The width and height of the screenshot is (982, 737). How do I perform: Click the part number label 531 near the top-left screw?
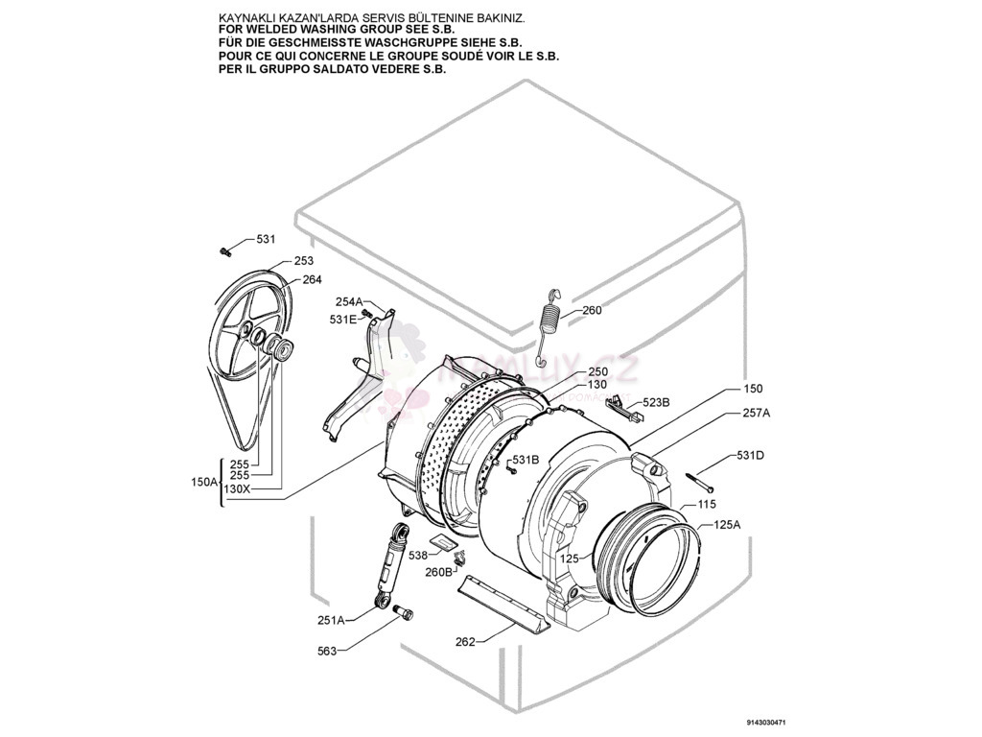[265, 239]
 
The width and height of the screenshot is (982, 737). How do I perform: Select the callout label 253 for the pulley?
[303, 261]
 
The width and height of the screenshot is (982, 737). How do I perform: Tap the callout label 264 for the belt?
[312, 280]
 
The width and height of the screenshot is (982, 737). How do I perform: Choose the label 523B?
[656, 403]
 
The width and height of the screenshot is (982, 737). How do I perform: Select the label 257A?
[756, 413]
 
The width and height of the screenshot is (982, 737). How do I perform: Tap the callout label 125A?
[726, 525]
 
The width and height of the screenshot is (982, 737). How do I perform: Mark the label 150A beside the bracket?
[205, 483]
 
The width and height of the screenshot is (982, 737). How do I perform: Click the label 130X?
[236, 488]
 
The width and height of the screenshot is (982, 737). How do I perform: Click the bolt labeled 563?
[403, 612]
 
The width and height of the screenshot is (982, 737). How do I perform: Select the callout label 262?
[465, 642]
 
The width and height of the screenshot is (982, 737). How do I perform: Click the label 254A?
[349, 301]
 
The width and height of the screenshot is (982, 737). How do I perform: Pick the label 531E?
[342, 319]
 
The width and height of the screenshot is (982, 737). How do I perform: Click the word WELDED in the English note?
[269, 31]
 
